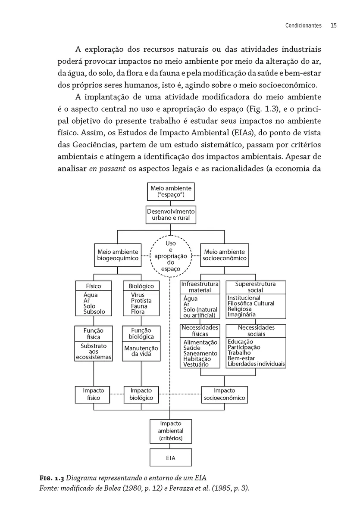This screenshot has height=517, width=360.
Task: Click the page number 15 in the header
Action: tap(333, 25)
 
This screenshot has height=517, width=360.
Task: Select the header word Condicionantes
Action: tap(304, 25)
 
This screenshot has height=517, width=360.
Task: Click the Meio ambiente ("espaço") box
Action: tap(171, 192)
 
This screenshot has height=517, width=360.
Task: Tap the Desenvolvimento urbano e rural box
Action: tap(171, 215)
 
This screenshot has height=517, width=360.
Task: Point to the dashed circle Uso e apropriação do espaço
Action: tap(171, 256)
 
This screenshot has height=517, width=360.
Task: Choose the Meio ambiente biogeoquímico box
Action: tap(118, 255)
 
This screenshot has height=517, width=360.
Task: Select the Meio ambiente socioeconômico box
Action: tap(224, 255)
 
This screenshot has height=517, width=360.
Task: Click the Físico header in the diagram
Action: tap(94, 286)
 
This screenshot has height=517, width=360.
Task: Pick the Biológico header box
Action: tap(141, 286)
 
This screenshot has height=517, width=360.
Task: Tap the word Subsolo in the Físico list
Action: tap(94, 312)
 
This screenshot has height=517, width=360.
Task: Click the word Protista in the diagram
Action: tap(141, 301)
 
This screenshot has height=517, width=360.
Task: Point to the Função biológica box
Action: tap(141, 333)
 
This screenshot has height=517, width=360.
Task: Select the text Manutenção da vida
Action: tap(141, 351)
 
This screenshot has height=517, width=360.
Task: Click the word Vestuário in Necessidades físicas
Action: tap(196, 364)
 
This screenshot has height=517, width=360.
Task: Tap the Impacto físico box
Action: tap(94, 394)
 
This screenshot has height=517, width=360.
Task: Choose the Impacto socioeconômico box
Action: tap(224, 394)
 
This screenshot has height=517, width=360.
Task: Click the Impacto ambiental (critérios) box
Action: tap(171, 431)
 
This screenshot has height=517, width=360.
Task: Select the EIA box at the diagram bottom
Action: tap(171, 458)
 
